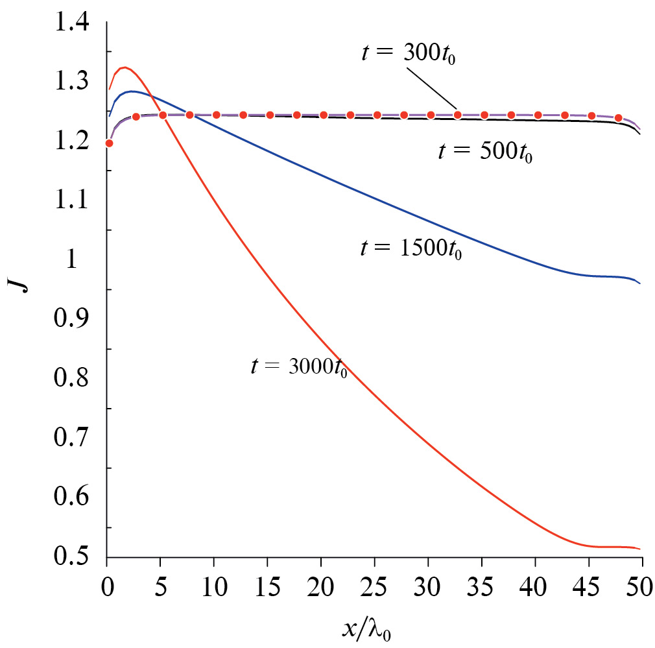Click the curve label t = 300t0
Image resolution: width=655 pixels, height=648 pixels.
414,53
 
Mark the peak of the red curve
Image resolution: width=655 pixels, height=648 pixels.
123,67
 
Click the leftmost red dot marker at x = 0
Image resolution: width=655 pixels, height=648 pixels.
109,143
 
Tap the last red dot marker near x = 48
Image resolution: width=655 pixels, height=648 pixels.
618,118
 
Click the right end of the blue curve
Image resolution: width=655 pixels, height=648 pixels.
640,283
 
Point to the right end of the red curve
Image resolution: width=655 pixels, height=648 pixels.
640,549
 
